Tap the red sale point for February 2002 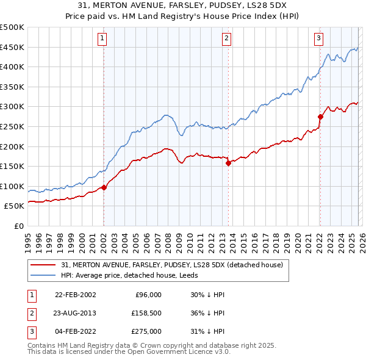[104, 187]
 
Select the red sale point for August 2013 [228, 163]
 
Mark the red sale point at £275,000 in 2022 [320, 117]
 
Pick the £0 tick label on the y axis [17, 226]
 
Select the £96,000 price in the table [148, 295]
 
